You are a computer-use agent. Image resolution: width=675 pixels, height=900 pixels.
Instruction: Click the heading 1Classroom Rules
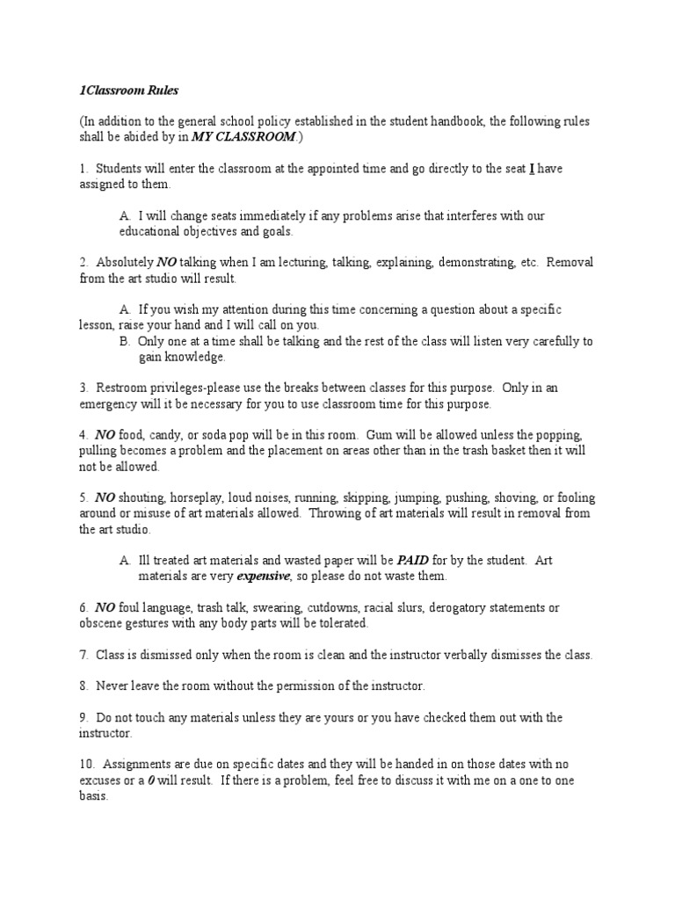click(x=120, y=89)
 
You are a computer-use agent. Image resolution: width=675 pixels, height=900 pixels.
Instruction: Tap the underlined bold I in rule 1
click(x=532, y=170)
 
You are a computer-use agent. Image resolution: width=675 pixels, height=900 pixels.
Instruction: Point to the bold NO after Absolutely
click(x=167, y=262)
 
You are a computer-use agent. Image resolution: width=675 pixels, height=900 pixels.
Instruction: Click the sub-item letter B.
click(x=124, y=341)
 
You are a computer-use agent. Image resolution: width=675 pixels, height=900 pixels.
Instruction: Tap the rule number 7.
click(x=83, y=656)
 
